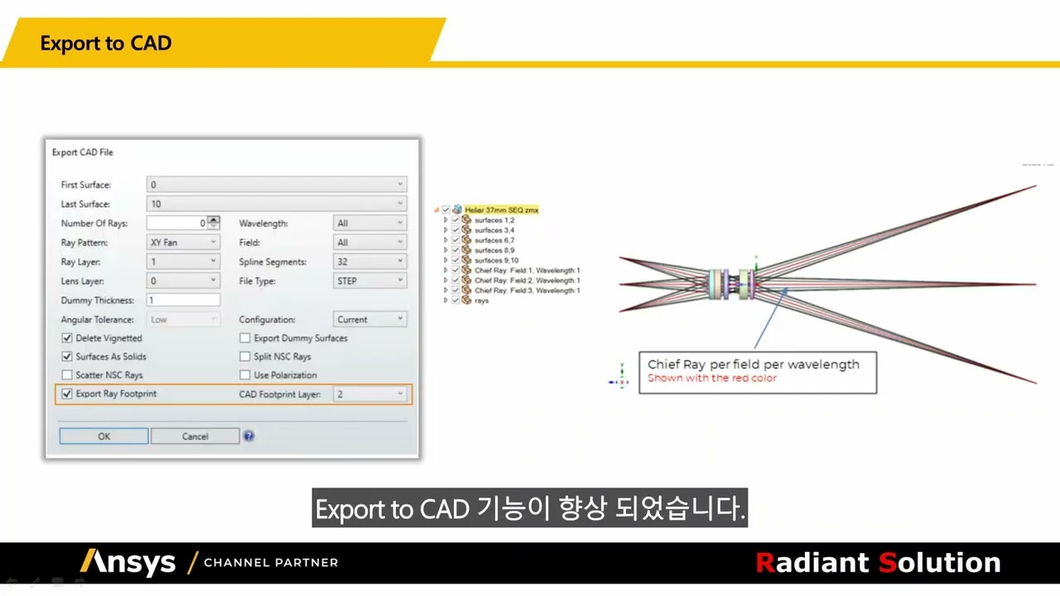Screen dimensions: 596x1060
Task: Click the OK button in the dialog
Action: pos(104,436)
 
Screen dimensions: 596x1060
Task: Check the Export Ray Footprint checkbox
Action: pos(67,394)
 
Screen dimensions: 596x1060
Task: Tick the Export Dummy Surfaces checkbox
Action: pos(245,338)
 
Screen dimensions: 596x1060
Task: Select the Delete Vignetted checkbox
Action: pos(67,338)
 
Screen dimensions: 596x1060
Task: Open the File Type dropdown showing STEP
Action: pos(369,281)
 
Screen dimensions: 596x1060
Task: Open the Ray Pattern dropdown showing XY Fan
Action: pos(183,243)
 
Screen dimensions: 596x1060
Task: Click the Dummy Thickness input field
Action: pos(183,300)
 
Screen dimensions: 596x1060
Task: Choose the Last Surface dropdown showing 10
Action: pos(276,204)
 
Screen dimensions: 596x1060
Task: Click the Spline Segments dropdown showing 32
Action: pos(369,262)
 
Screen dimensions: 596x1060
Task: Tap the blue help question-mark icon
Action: pos(248,436)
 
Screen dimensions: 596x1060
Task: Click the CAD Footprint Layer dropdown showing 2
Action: pos(369,394)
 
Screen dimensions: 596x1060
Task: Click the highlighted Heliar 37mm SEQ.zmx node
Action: pos(501,210)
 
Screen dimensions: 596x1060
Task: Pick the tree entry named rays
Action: pos(481,300)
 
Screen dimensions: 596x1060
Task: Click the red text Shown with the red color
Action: pos(712,378)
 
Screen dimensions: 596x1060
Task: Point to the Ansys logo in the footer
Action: pos(128,563)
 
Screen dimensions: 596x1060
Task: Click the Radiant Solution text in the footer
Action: pos(878,563)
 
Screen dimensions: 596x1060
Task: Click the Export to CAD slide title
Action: pos(106,43)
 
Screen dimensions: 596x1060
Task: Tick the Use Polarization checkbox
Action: pos(245,375)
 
